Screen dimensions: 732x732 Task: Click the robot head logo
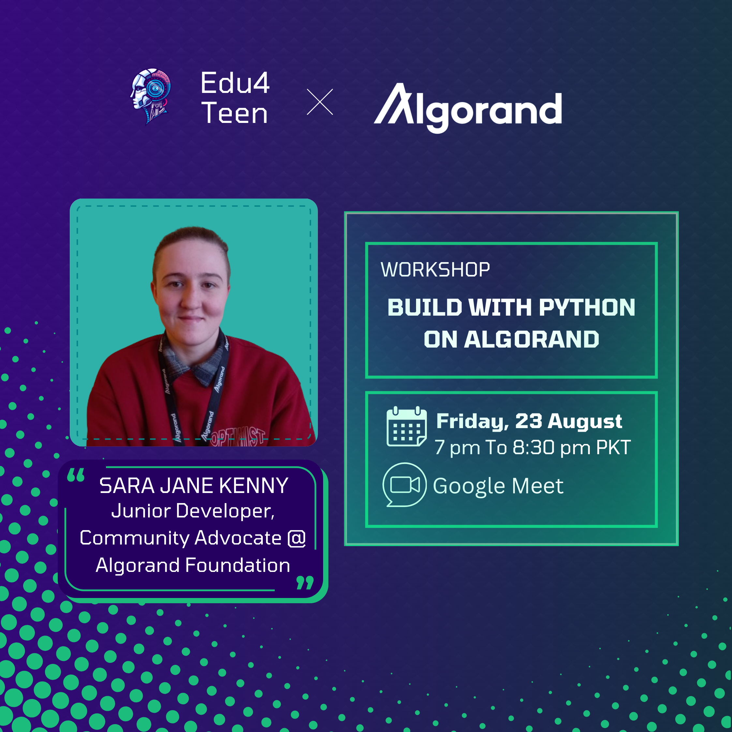tap(150, 96)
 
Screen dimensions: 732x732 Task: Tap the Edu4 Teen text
tap(235, 98)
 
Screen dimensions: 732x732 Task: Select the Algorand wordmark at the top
tap(468, 108)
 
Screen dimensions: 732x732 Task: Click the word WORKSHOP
tap(435, 270)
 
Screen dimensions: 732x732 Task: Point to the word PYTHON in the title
tap(587, 307)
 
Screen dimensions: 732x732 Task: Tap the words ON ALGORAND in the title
tap(512, 339)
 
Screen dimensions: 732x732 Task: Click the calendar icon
tap(407, 426)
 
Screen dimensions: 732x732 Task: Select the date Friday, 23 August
tap(529, 421)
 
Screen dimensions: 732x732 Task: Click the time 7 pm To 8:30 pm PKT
tap(532, 447)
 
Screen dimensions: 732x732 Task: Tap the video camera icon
tap(404, 485)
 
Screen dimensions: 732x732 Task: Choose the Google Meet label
tap(498, 486)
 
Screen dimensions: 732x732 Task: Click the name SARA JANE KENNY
tap(194, 486)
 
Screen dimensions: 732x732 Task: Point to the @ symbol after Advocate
tap(297, 538)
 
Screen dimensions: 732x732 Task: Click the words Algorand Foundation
tap(193, 565)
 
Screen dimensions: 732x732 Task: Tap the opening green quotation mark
tap(75, 475)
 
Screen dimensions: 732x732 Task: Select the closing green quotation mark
tap(305, 583)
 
